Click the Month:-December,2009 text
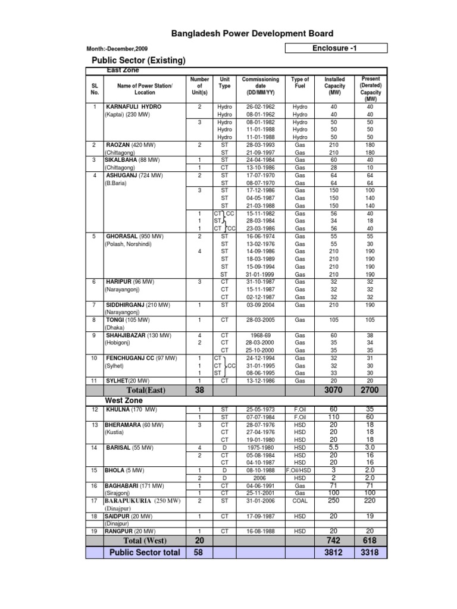point(118,49)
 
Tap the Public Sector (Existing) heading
point(138,61)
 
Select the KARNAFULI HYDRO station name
point(133,106)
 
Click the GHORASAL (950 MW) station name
point(134,236)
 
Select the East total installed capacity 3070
point(334,390)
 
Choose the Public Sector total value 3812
point(334,553)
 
